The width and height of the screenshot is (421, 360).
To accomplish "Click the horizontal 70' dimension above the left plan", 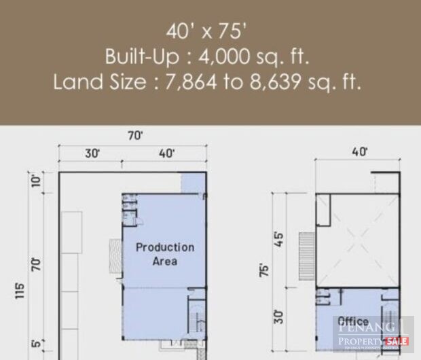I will click(x=135, y=136).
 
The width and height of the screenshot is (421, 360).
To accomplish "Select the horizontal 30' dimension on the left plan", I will click(x=92, y=154).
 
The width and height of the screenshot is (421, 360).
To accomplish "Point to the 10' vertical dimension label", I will click(x=35, y=180).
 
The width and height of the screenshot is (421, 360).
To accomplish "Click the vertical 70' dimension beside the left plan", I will click(x=35, y=263).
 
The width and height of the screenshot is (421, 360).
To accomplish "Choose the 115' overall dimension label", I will click(x=19, y=290).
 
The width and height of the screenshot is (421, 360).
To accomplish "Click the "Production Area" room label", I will click(x=165, y=253).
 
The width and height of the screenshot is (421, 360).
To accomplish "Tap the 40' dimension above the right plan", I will click(x=359, y=151).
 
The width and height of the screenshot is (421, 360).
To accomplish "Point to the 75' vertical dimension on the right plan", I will click(x=264, y=269).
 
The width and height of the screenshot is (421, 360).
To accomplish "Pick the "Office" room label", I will click(x=353, y=321).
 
